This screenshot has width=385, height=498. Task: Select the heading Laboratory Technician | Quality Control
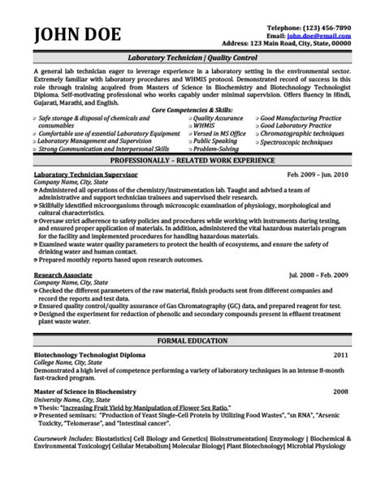[192, 58]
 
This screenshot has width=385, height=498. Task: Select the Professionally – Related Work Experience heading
[192, 162]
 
